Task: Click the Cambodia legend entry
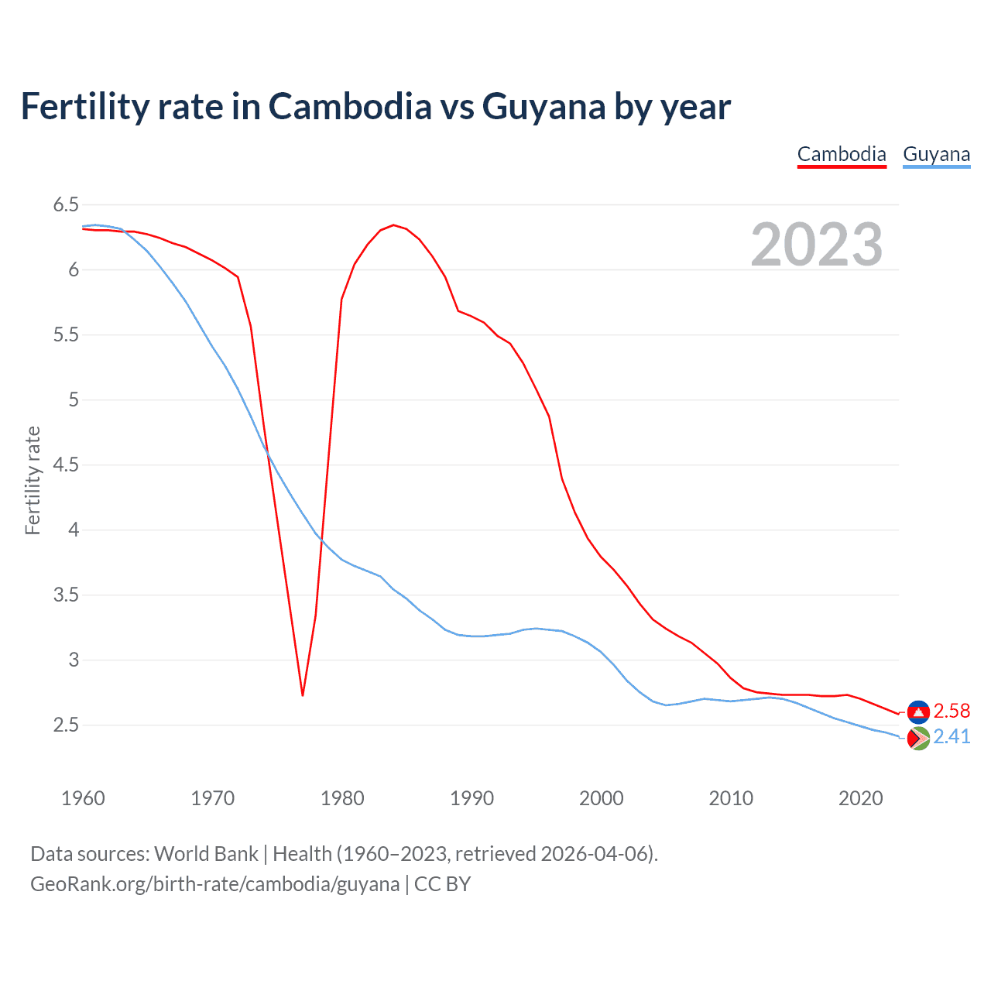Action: coord(842,154)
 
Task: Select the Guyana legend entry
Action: coord(936,154)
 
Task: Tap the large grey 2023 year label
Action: coord(817,245)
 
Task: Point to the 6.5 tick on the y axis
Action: coord(66,205)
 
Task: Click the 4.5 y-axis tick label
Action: coord(66,465)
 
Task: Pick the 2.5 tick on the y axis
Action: coord(66,725)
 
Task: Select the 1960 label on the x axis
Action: coord(83,798)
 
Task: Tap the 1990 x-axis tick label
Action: coord(471,798)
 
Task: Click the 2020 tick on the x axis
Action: coord(860,798)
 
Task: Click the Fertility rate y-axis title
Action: coord(33,480)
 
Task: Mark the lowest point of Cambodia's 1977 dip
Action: coord(303,694)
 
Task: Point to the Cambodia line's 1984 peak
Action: coord(393,225)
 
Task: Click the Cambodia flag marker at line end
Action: coord(918,712)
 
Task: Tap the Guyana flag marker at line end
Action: coord(918,739)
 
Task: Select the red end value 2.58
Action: coord(952,712)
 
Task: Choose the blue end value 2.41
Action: coord(952,737)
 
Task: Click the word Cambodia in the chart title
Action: coord(350,107)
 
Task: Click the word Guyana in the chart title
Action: coord(544,107)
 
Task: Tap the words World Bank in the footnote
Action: coord(206,854)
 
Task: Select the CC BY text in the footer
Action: coord(442,884)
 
